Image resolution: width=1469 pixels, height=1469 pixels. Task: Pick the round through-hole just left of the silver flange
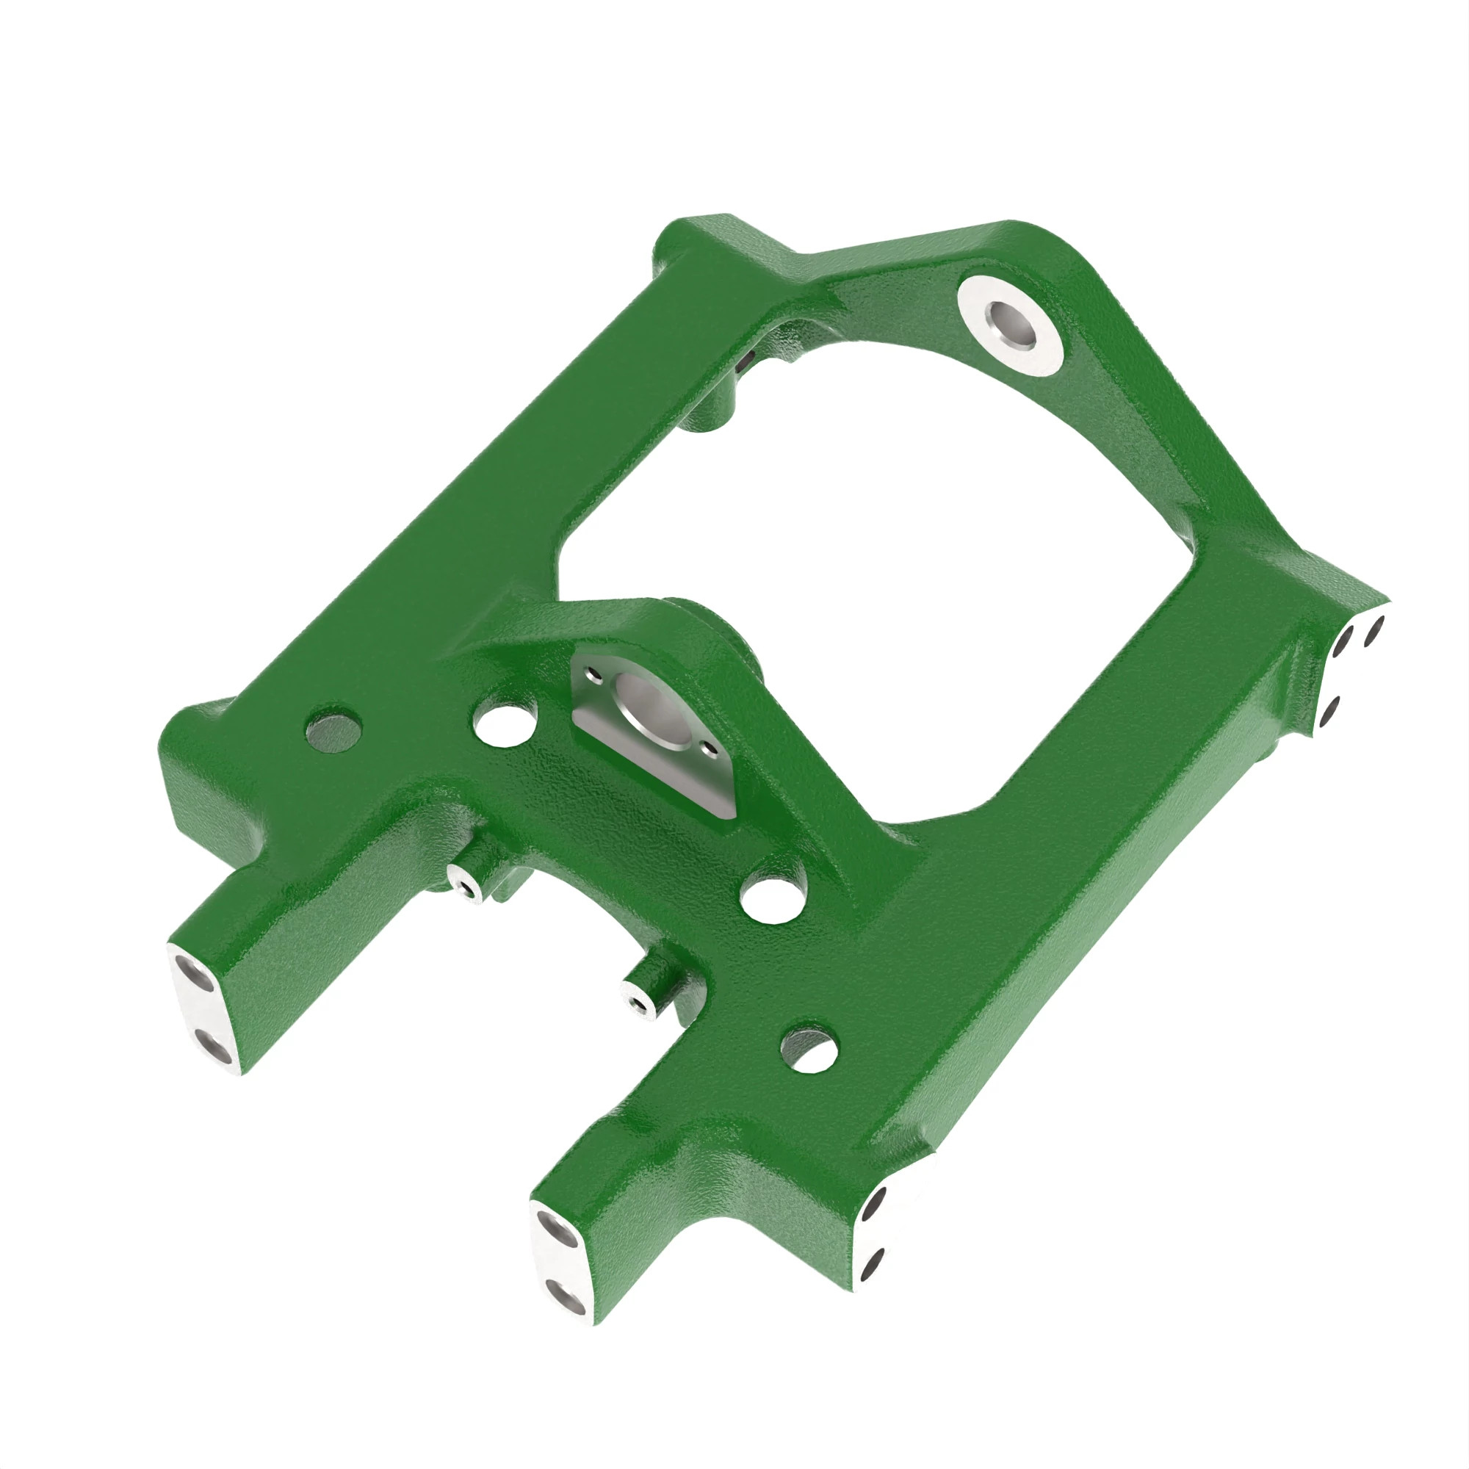503,722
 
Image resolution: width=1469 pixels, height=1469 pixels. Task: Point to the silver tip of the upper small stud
463,884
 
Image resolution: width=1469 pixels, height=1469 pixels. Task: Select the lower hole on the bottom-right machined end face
871,1263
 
